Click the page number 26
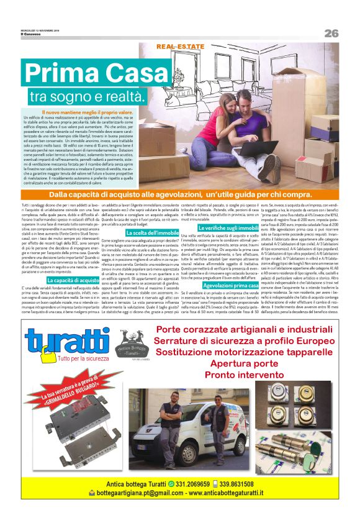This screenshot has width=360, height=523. [x=330, y=33]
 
